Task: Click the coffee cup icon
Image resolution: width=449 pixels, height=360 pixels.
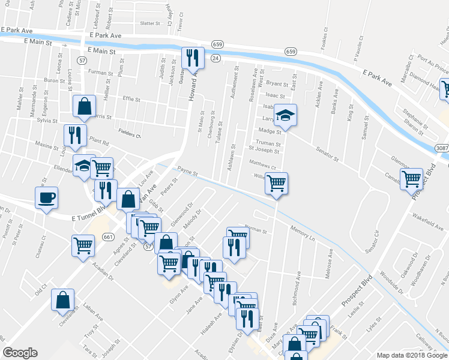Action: [46, 197]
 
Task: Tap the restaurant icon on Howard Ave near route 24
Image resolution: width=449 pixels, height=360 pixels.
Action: [193, 58]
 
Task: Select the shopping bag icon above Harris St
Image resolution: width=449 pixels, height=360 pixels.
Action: [84, 106]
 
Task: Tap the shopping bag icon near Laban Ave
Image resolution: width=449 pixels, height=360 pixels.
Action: [62, 300]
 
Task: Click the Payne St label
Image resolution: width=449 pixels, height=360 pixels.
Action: [187, 172]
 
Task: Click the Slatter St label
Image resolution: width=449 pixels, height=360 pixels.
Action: [151, 23]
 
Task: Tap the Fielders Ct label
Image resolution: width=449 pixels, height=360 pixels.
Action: [129, 136]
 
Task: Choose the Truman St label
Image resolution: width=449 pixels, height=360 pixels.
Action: [268, 143]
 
